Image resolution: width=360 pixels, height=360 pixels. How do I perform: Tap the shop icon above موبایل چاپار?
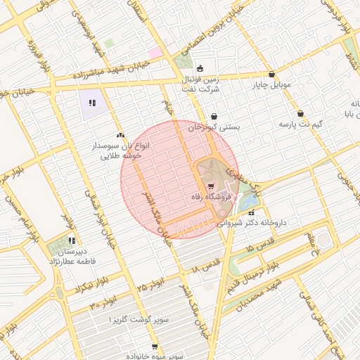click(271, 75)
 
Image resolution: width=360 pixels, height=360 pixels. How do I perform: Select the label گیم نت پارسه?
click(300, 124)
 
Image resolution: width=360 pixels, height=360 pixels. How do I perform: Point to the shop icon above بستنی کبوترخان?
click(213, 117)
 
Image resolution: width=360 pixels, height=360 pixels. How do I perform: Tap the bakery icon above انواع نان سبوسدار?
click(120, 133)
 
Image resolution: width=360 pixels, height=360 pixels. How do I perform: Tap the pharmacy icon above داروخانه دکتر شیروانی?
click(251, 211)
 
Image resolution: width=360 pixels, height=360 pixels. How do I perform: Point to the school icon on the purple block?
click(91, 104)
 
